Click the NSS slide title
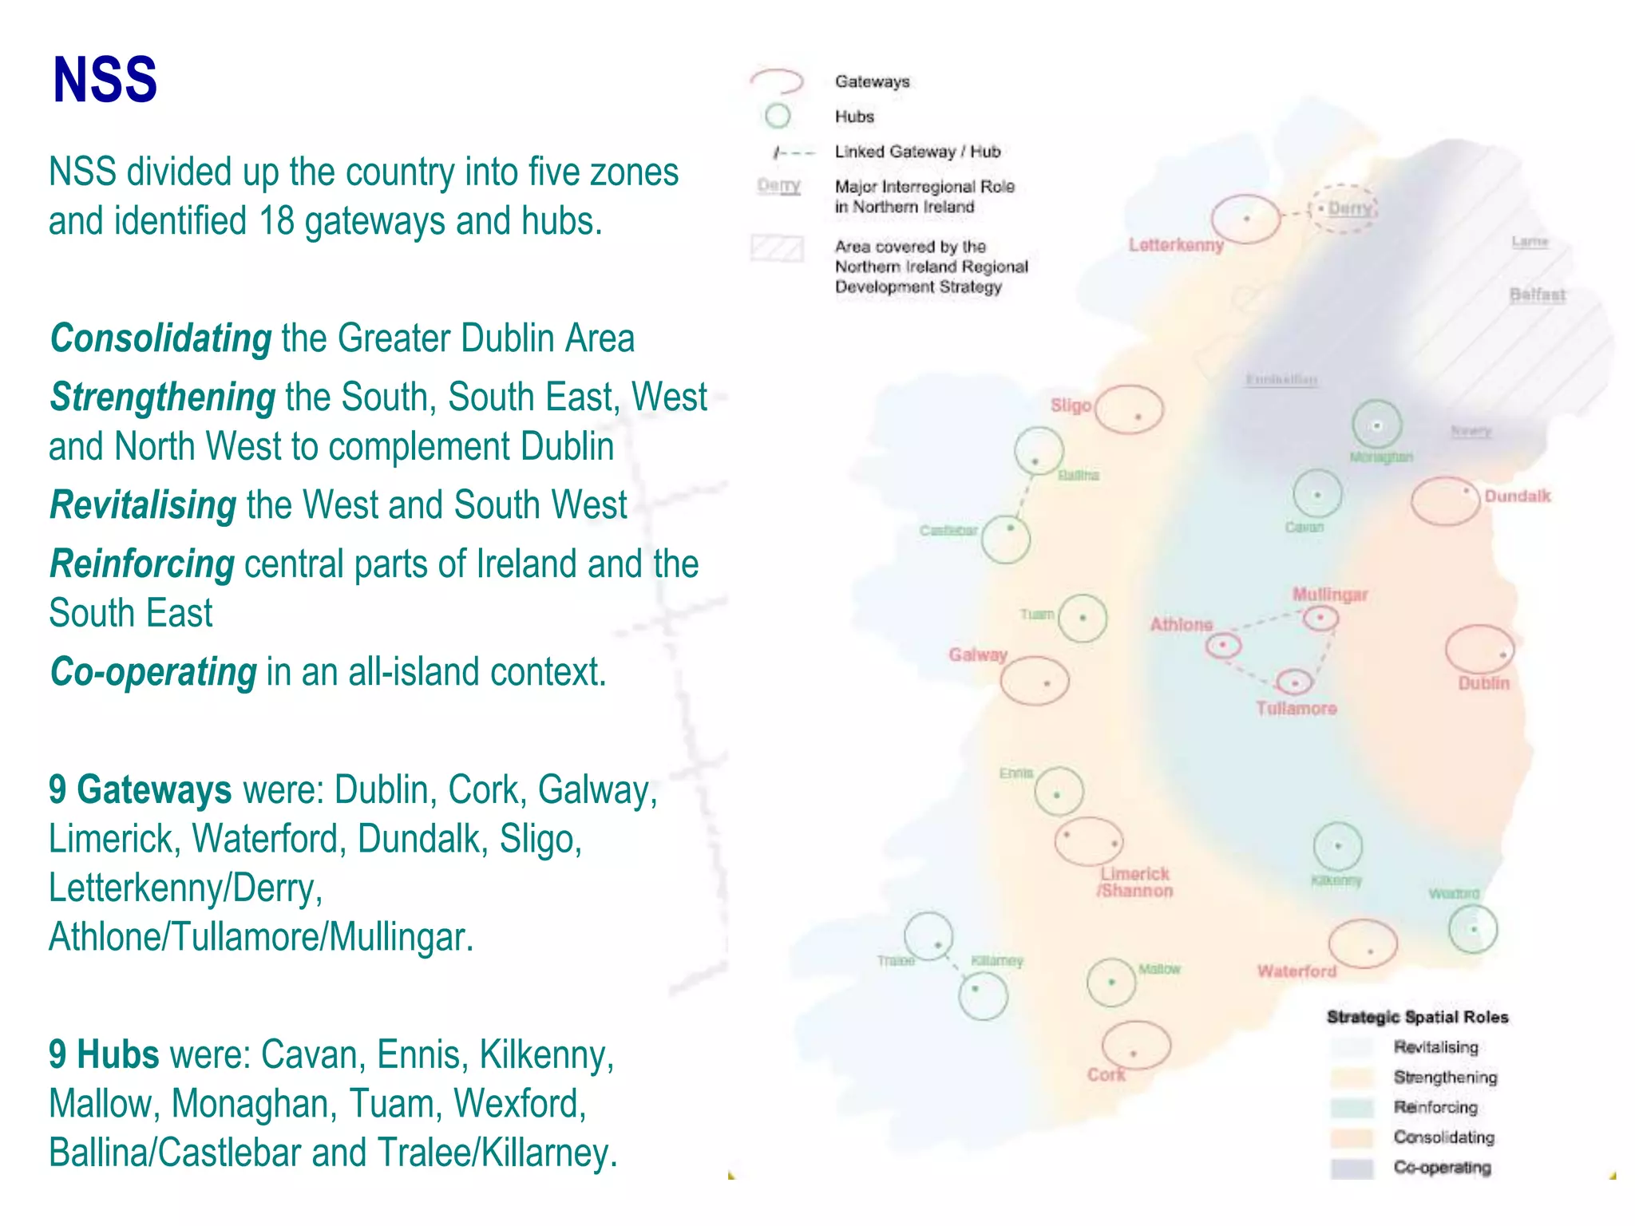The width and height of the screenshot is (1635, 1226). point(105,80)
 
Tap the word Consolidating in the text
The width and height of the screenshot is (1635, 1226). point(161,338)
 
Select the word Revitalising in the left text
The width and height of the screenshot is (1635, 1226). point(143,505)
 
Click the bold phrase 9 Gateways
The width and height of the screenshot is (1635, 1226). point(140,790)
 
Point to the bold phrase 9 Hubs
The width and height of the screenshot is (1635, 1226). point(104,1055)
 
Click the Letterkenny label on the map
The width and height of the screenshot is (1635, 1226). point(1175,245)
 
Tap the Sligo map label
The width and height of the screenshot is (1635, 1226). point(1071,405)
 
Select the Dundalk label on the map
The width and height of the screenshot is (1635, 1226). point(1517,496)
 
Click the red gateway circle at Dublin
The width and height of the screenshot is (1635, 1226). point(1479,649)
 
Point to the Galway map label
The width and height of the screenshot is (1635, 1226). point(977,655)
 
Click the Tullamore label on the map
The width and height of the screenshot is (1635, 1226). point(1296,709)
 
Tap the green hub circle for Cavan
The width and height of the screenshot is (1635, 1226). point(1316,494)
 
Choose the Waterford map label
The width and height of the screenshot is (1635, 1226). point(1297,971)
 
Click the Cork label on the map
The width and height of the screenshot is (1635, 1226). point(1106,1075)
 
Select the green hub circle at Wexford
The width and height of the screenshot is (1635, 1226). point(1473,929)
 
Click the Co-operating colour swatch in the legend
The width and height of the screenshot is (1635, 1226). point(1351,1168)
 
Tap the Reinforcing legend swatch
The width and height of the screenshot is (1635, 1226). point(1351,1108)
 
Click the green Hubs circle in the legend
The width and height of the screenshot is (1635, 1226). point(777,117)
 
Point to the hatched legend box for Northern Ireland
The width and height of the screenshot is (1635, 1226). point(776,248)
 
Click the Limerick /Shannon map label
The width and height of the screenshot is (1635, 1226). point(1134,883)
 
